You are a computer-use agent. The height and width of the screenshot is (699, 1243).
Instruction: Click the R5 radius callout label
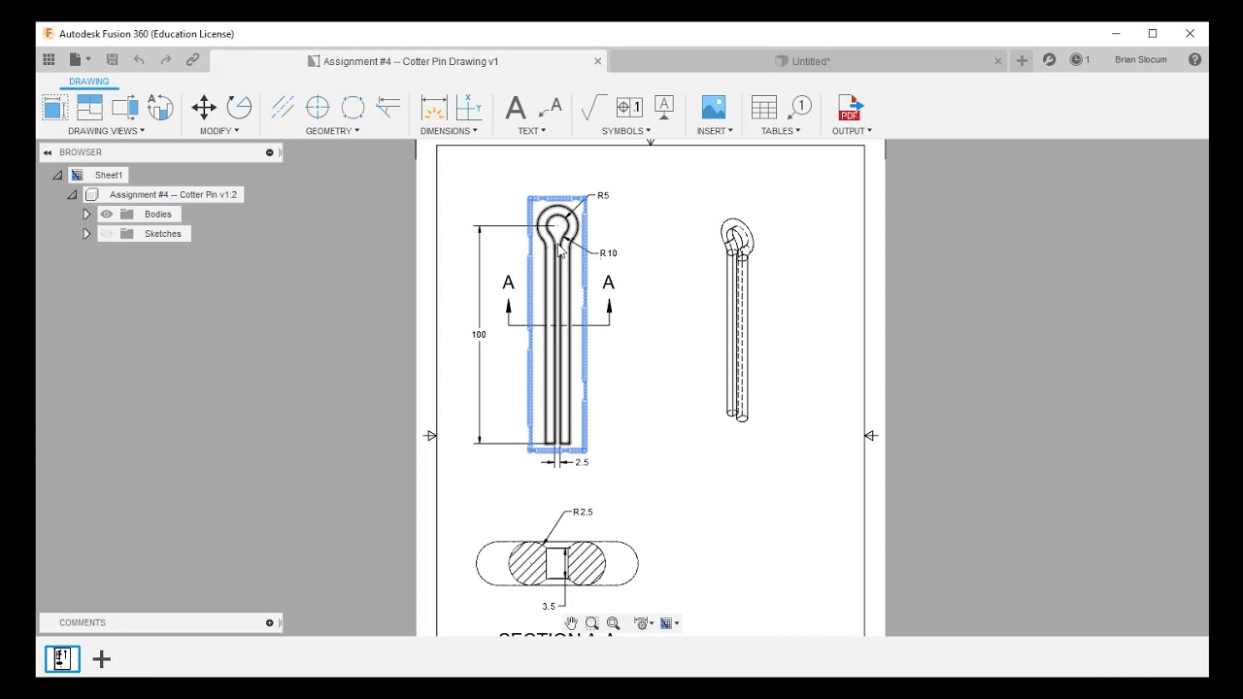pyautogui.click(x=603, y=196)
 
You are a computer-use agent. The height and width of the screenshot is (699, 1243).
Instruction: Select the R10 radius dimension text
pyautogui.click(x=608, y=253)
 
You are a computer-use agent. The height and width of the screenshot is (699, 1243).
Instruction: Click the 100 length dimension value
pyautogui.click(x=479, y=335)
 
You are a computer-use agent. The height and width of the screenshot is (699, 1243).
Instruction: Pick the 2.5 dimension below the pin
pyautogui.click(x=582, y=463)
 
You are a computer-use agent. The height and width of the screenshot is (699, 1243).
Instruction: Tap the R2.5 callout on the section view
pyautogui.click(x=583, y=513)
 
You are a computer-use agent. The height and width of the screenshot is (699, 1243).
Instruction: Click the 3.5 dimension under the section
pyautogui.click(x=549, y=607)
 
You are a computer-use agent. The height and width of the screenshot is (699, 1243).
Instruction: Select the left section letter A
pyautogui.click(x=508, y=283)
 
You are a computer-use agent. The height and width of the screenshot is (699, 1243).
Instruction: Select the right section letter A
pyautogui.click(x=608, y=283)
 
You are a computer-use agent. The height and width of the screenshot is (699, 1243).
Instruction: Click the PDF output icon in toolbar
pyautogui.click(x=850, y=108)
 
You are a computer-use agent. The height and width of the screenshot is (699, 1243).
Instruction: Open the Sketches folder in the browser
pyautogui.click(x=162, y=234)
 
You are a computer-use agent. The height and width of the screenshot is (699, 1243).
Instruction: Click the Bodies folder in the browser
pyautogui.click(x=157, y=215)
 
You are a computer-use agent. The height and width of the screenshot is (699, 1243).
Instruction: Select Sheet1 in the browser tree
pyautogui.click(x=108, y=176)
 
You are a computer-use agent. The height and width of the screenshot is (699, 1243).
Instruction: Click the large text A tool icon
pyautogui.click(x=516, y=108)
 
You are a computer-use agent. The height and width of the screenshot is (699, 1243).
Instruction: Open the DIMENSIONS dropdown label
pyautogui.click(x=448, y=131)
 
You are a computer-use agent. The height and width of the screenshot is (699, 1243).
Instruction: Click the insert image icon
pyautogui.click(x=714, y=108)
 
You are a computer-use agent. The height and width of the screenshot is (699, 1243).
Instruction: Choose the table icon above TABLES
pyautogui.click(x=764, y=108)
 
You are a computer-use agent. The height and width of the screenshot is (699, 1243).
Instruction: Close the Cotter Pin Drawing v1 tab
pyautogui.click(x=597, y=61)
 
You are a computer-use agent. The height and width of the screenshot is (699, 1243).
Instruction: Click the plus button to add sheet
pyautogui.click(x=101, y=660)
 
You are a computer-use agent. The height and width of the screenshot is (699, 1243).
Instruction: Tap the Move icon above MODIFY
pyautogui.click(x=204, y=108)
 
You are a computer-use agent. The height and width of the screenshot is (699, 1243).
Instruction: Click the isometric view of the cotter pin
pyautogui.click(x=736, y=320)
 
